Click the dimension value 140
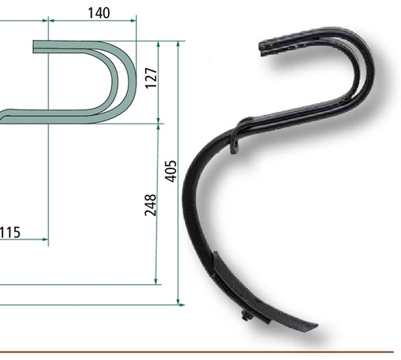click(x=99, y=13)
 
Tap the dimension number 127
click(x=151, y=78)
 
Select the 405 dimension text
click(x=171, y=171)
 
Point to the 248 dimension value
click(x=150, y=205)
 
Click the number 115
click(x=10, y=232)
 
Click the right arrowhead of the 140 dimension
click(x=133, y=20)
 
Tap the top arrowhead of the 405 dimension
click(x=178, y=44)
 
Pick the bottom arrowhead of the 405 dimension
click(x=178, y=302)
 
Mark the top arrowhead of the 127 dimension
click(x=158, y=45)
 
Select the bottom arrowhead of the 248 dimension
click(x=156, y=281)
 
